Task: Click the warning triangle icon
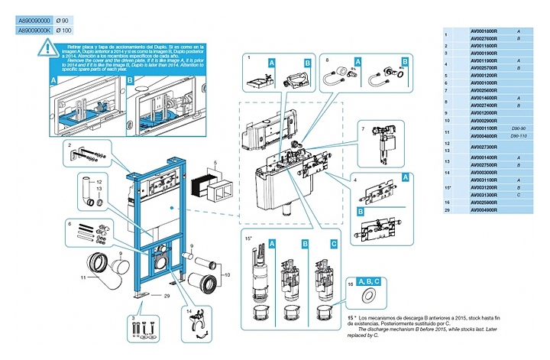pos(48,50)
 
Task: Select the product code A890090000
pos(34,19)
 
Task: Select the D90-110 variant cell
pos(519,136)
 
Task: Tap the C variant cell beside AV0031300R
pos(519,195)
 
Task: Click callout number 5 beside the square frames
pos(217,162)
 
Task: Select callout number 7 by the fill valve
pos(364,130)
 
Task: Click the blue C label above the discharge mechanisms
pos(333,244)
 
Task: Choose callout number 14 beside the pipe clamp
pos(189,310)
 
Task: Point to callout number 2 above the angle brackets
pos(69,145)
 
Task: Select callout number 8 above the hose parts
pos(328,58)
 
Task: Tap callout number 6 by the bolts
pos(69,224)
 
